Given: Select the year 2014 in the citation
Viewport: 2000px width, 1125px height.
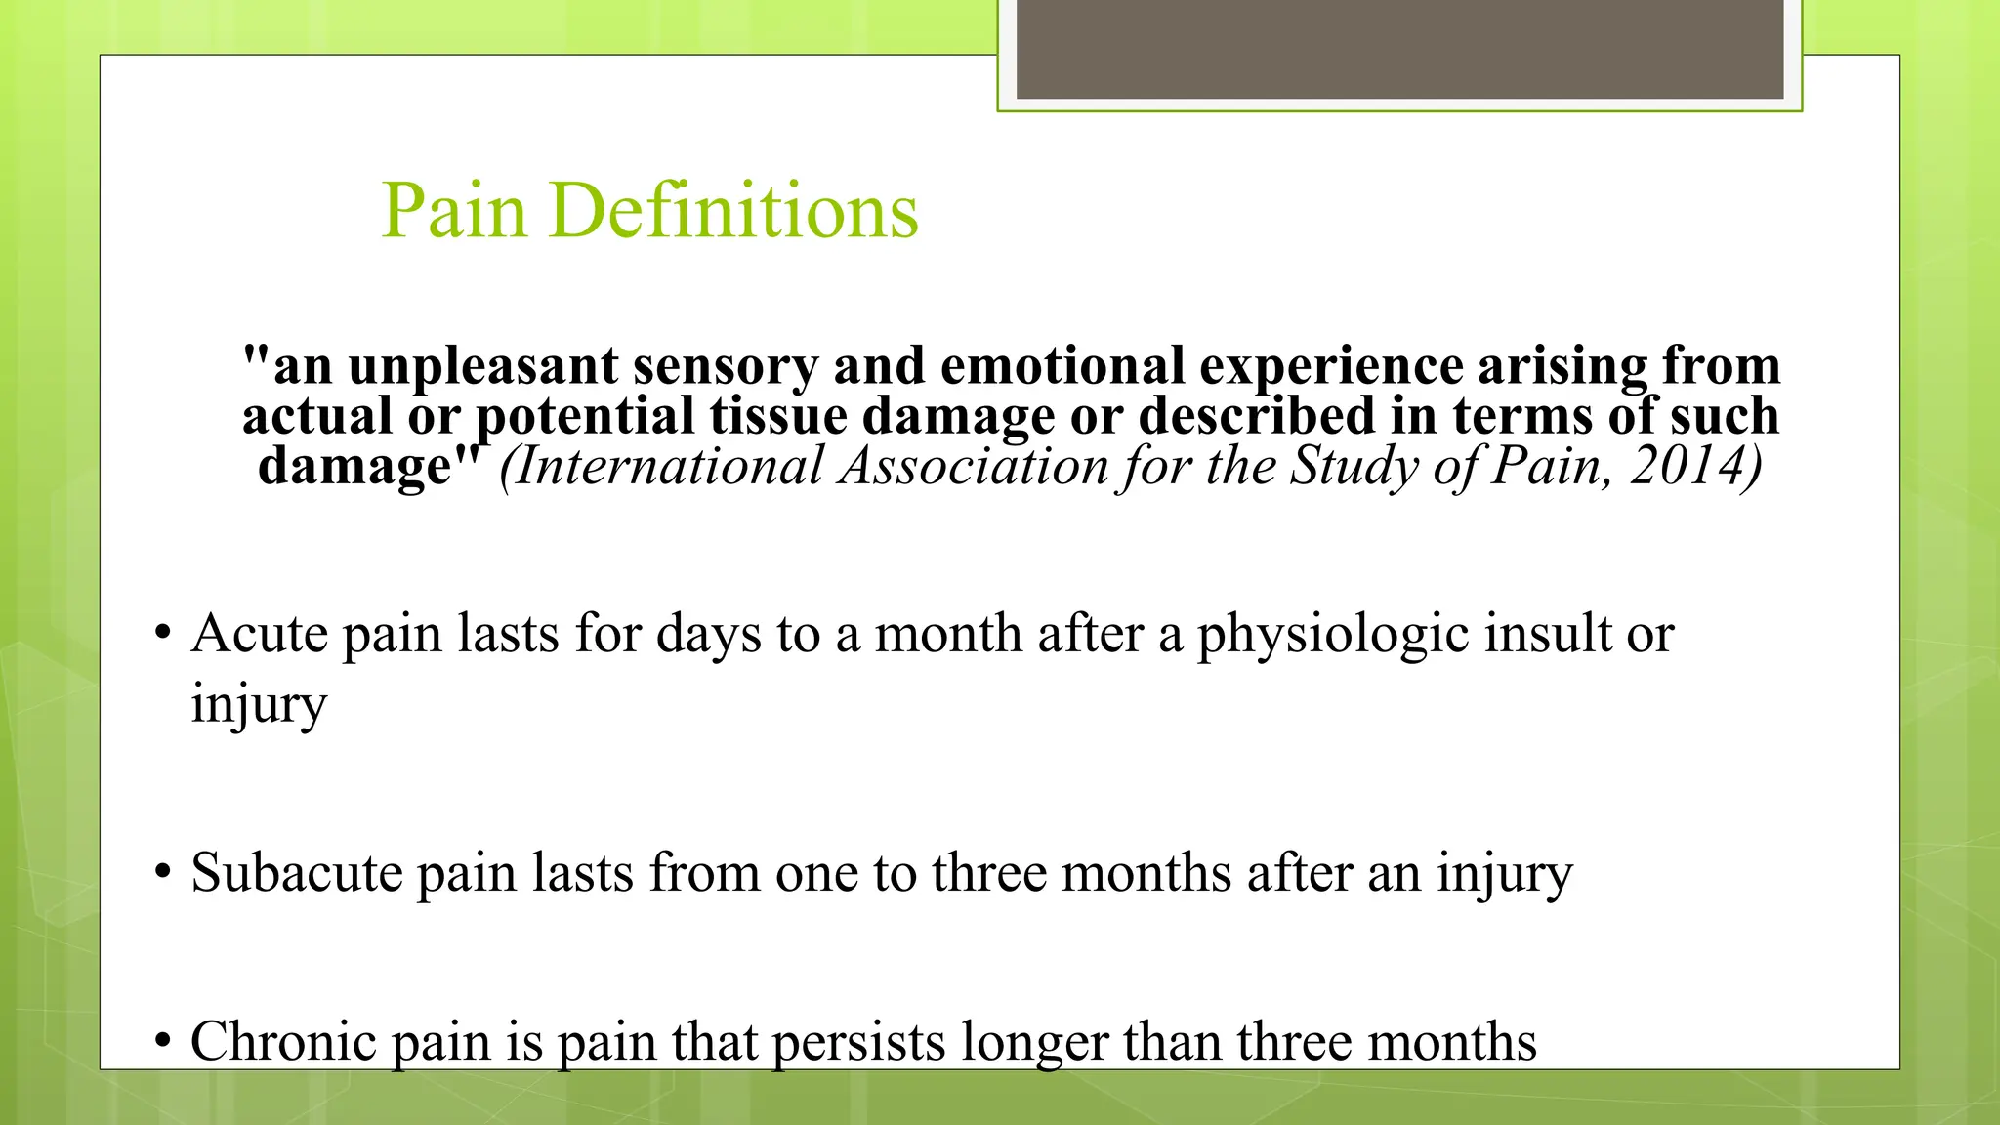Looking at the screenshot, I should (x=1695, y=465).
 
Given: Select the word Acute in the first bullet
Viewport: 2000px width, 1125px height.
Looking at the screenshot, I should (x=259, y=634).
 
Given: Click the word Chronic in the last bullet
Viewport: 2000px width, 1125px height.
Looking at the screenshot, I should (x=283, y=1041).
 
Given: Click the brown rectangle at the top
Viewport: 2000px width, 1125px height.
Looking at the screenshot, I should (x=1399, y=49).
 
